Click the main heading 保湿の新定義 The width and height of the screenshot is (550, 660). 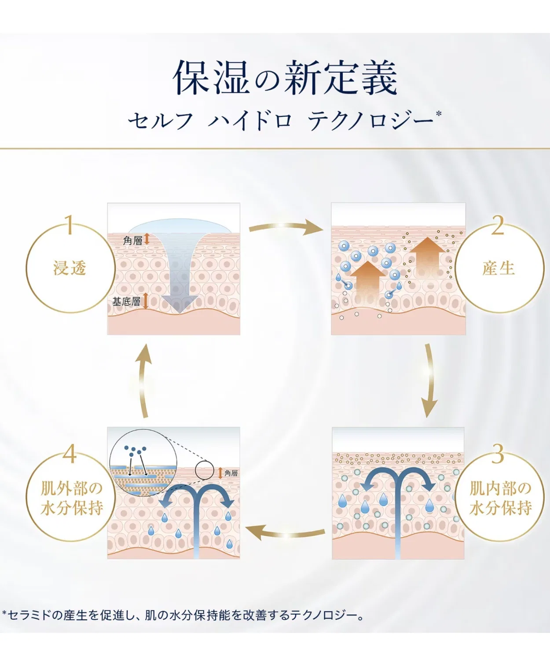[x=286, y=78]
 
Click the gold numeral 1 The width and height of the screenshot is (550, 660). [x=70, y=225]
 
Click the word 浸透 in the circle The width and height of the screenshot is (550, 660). [x=70, y=268]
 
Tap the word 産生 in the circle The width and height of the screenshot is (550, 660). [x=499, y=268]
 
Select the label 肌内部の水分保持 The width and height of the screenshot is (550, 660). [x=500, y=499]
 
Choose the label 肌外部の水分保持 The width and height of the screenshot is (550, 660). [x=72, y=499]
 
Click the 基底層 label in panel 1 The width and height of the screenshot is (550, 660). [x=126, y=302]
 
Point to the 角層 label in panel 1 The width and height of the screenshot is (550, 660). [x=133, y=241]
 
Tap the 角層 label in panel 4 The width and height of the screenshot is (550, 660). [x=231, y=473]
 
